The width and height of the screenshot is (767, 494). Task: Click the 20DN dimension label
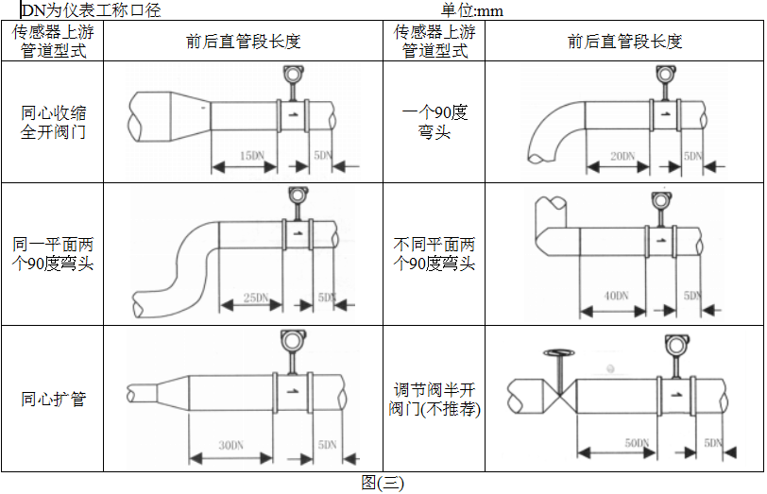[622, 155]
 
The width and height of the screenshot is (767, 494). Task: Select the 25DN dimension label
[256, 298]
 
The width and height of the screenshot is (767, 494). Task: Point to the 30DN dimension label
[231, 444]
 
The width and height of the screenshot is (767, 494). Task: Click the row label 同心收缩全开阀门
[53, 123]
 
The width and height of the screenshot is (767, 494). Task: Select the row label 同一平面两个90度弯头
[53, 254]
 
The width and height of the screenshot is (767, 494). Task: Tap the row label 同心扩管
[53, 399]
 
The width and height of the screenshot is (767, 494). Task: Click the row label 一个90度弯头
[435, 123]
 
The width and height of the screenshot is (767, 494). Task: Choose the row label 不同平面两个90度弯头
[435, 254]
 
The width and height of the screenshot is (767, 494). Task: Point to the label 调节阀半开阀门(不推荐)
[435, 399]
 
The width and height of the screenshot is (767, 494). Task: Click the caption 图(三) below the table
[383, 483]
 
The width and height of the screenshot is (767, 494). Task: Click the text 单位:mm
[472, 10]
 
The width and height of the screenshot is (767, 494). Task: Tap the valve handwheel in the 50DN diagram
[559, 354]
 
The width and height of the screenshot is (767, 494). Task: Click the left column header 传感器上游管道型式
[53, 42]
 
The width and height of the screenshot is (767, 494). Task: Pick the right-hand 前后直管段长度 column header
[624, 42]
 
